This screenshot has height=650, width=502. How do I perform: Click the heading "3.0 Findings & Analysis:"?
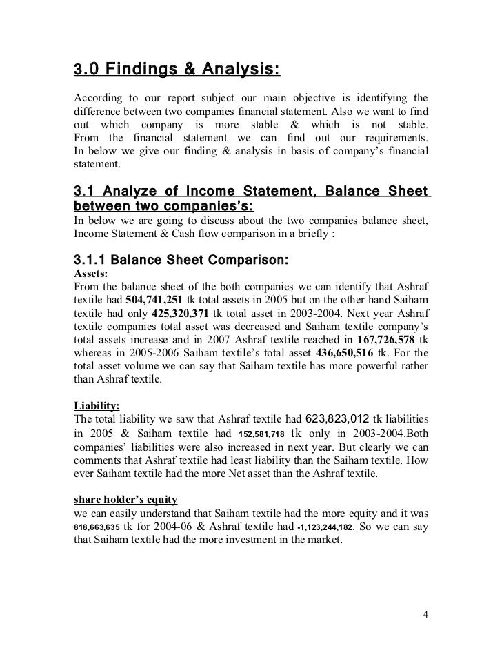(177, 70)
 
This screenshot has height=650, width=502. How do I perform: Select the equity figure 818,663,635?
(96, 527)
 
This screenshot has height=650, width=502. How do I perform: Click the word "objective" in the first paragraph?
(289, 94)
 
